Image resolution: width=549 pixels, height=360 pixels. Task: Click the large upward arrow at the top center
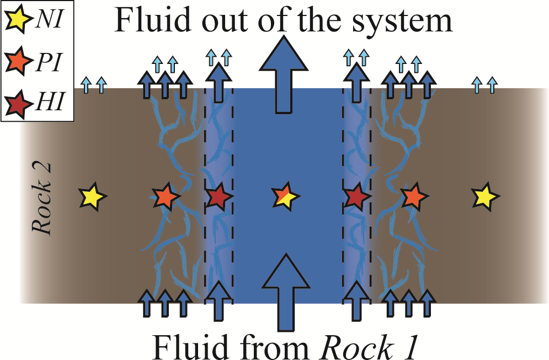pyautogui.click(x=283, y=72)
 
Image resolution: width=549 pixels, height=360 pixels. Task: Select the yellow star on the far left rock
pyautogui.click(x=92, y=196)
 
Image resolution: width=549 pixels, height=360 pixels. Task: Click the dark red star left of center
pyautogui.click(x=217, y=196)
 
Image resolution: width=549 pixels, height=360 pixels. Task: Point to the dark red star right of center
pyautogui.click(x=356, y=196)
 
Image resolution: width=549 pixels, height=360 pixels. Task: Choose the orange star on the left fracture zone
pyautogui.click(x=166, y=196)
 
